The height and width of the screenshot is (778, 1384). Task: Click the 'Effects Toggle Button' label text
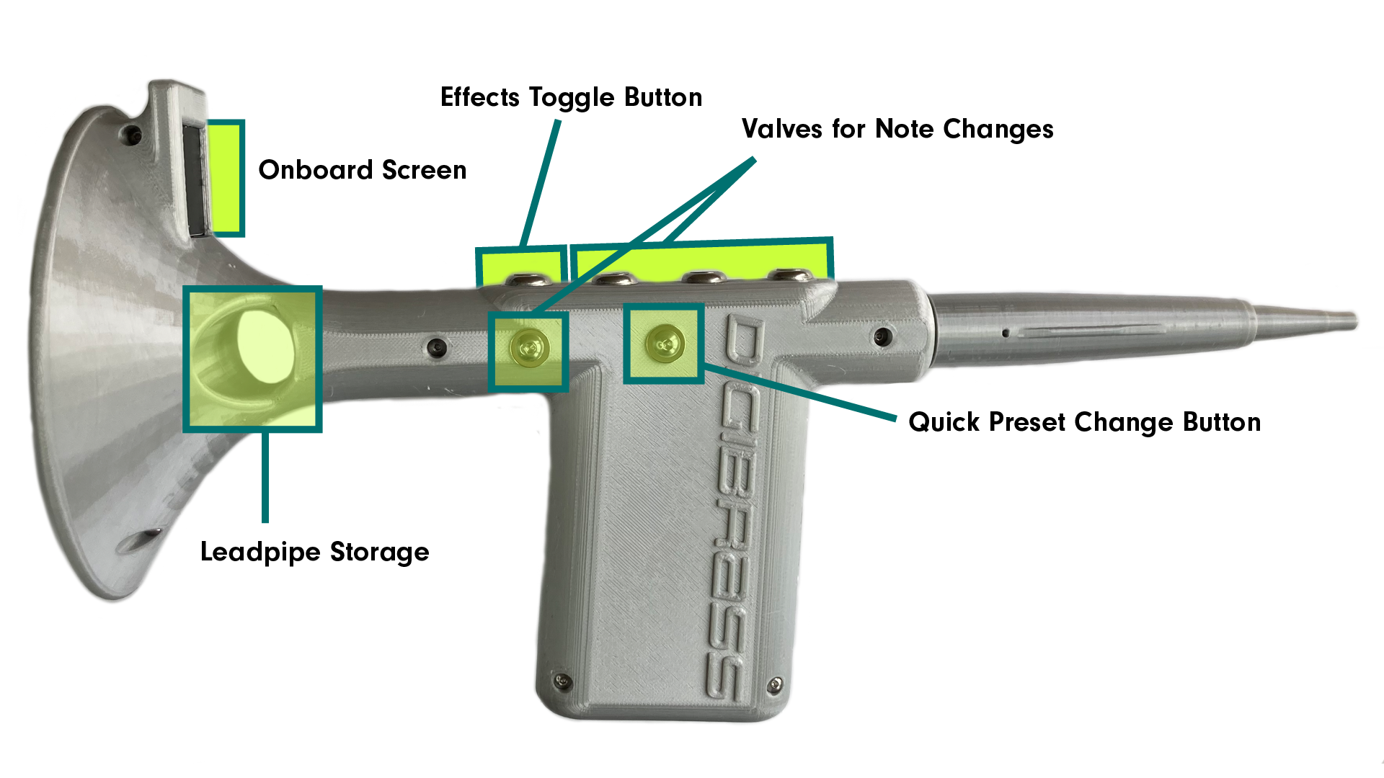(x=571, y=98)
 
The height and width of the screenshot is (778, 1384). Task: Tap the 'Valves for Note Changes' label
(x=897, y=130)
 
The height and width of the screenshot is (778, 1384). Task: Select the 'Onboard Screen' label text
(x=362, y=171)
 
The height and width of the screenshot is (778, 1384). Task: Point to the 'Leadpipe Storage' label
(x=314, y=553)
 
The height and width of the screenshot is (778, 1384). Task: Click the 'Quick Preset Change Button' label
(x=1084, y=423)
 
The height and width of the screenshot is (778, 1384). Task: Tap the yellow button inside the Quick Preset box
(x=664, y=343)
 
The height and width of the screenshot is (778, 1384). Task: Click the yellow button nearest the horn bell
(x=528, y=349)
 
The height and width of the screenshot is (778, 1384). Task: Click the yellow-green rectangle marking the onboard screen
(x=226, y=177)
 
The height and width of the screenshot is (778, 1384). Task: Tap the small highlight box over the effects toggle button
(x=519, y=264)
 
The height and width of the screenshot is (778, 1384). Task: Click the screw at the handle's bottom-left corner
(x=562, y=680)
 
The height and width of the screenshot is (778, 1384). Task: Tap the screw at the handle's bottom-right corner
(x=775, y=684)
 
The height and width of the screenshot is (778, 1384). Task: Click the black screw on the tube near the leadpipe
(x=882, y=336)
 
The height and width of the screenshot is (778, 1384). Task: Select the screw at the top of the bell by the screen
(x=132, y=134)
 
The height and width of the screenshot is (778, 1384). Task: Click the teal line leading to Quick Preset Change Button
(x=800, y=393)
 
